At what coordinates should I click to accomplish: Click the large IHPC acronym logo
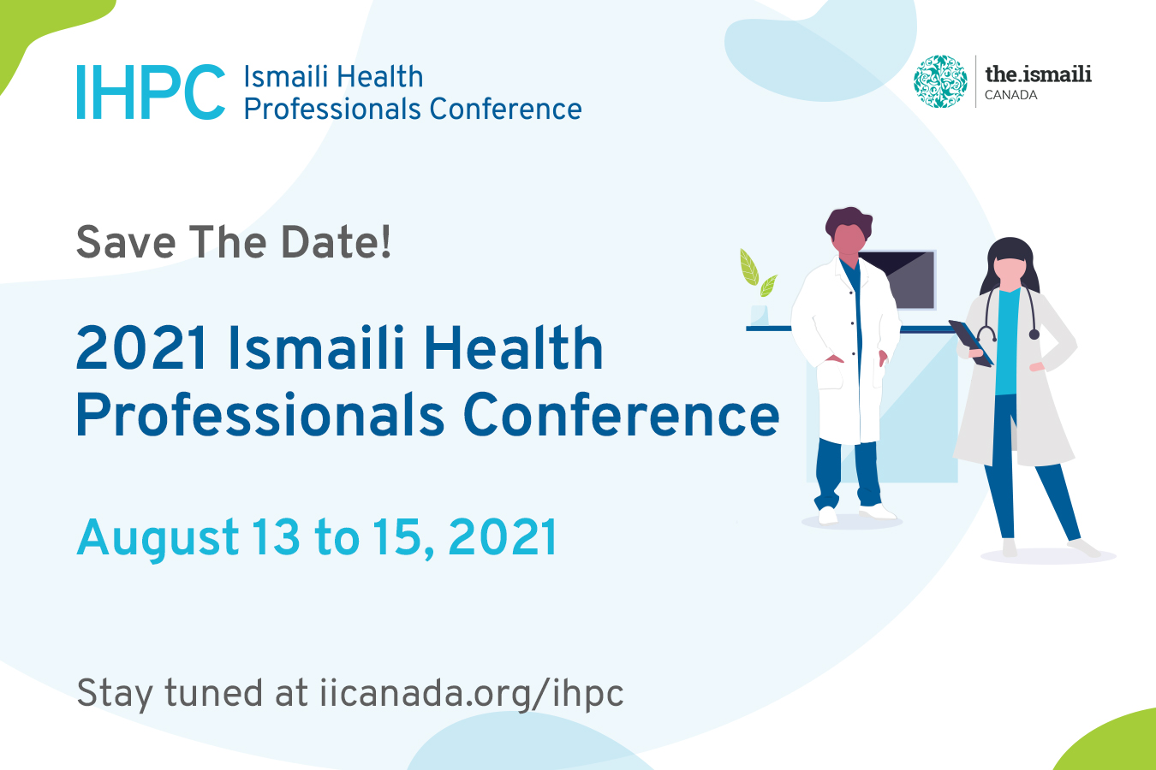point(151,92)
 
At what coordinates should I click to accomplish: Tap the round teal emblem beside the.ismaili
point(940,81)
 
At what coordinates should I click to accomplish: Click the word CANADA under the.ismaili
point(1010,96)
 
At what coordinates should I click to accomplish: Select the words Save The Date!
point(234,242)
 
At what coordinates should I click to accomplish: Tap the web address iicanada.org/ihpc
point(471,694)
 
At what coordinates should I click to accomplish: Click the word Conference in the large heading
point(621,416)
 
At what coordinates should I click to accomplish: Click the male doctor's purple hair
point(849,221)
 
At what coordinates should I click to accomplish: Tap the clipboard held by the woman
point(971,343)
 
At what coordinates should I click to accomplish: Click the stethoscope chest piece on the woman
point(1034,335)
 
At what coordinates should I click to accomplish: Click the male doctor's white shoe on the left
point(828,515)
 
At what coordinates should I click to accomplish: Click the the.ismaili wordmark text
point(1038,74)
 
